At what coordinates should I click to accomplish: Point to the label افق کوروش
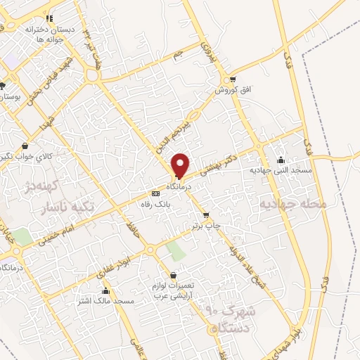click(x=229, y=90)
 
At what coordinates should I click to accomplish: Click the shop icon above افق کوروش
click(x=233, y=79)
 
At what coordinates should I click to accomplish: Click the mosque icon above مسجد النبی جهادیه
click(x=281, y=160)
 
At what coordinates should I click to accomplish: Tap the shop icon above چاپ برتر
click(x=205, y=215)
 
